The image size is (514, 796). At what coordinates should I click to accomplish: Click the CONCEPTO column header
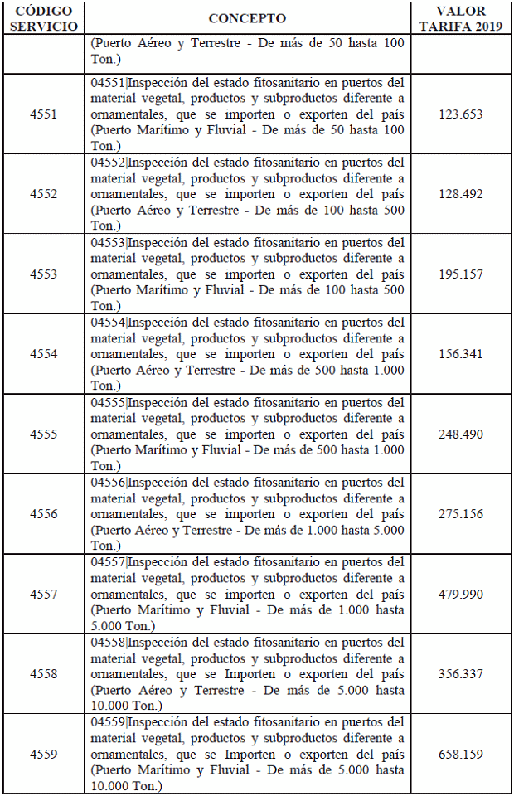click(247, 18)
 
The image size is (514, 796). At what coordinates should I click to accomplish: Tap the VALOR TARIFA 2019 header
click(460, 18)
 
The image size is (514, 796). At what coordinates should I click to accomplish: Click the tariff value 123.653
click(460, 114)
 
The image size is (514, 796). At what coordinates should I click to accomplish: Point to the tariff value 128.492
click(460, 194)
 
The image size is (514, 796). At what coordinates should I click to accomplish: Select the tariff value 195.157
click(460, 274)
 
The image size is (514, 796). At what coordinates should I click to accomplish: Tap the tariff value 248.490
click(460, 434)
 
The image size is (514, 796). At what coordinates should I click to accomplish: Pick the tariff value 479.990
click(460, 595)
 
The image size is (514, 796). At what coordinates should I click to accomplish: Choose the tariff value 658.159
click(460, 755)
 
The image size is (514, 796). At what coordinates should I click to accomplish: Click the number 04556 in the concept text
click(108, 483)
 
